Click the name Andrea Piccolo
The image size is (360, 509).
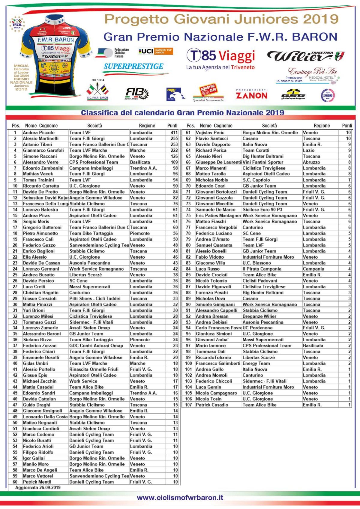coord(39,133)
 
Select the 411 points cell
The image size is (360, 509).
coord(174,133)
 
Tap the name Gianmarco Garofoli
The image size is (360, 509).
coord(43,150)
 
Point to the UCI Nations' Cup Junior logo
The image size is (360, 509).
coord(156,51)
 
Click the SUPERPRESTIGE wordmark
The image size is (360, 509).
coord(133,66)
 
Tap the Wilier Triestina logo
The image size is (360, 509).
coord(305,56)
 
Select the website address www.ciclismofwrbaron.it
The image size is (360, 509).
coord(180,497)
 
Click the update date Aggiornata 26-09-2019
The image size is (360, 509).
coord(38,487)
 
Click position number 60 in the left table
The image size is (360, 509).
coord(15,482)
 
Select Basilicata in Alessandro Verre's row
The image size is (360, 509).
coord(140,162)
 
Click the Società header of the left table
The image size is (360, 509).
coord(94,126)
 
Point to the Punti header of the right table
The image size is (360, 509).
coord(347,126)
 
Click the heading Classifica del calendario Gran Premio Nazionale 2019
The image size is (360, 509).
coord(182,113)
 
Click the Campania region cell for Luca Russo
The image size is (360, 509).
coord(313,269)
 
